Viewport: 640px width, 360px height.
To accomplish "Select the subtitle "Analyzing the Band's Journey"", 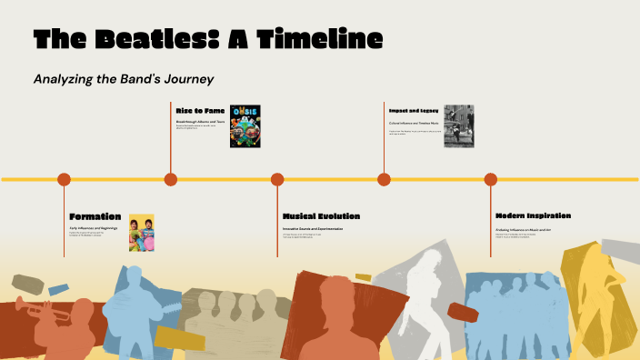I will [x=123, y=79].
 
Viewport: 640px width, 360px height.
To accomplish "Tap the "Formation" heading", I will [x=95, y=216].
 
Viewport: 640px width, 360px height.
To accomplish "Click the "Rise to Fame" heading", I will [x=200, y=110].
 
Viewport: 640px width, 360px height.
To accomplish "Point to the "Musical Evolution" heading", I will [x=321, y=216].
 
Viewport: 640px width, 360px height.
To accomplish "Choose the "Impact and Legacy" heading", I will [x=414, y=110].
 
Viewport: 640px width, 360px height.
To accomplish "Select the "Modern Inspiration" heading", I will [x=534, y=216].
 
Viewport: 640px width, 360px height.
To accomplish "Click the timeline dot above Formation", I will [x=64, y=179].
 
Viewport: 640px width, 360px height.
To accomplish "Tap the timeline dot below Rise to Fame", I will [x=171, y=179].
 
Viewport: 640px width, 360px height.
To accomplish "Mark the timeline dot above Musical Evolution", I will [x=277, y=179].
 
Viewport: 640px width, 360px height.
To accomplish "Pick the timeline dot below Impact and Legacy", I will [x=384, y=179].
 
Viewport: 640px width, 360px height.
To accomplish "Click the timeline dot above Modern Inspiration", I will [x=491, y=179].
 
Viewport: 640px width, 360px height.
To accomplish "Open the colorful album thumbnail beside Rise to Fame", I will [x=245, y=126].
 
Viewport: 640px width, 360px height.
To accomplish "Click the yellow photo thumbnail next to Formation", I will [x=142, y=232].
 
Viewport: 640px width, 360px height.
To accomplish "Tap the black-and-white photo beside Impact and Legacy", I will [x=458, y=126].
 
